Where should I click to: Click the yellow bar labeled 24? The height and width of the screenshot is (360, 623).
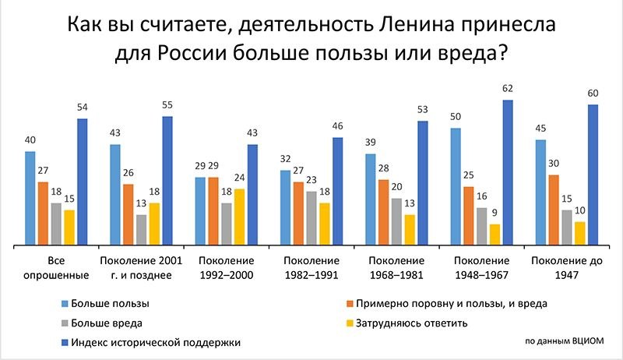[239, 217]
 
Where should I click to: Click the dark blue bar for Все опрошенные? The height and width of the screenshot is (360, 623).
[83, 182]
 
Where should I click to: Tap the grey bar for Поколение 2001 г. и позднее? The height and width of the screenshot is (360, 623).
[140, 231]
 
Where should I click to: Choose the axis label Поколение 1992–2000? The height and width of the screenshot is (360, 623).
[227, 266]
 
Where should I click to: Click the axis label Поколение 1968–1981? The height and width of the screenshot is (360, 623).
[396, 266]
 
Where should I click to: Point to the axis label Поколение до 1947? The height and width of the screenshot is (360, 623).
[566, 266]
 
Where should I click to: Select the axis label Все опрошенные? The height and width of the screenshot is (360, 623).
[56, 266]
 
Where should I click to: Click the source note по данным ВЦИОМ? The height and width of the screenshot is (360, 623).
[563, 341]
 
